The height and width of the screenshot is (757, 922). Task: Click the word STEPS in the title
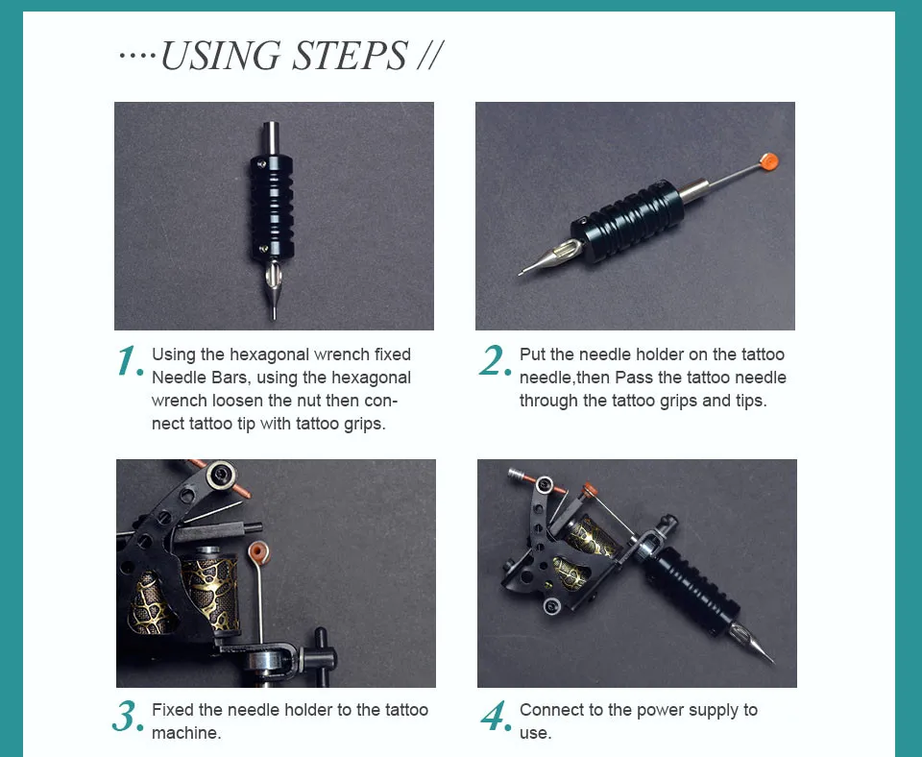[349, 56]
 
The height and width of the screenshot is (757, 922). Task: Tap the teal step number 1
[130, 361]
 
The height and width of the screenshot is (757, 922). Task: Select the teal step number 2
[494, 360]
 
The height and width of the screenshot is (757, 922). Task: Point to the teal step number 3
[127, 717]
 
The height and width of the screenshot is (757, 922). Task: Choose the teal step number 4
[496, 717]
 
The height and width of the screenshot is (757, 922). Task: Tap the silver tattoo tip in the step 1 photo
[272, 288]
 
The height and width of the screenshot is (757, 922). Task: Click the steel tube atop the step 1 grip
[271, 138]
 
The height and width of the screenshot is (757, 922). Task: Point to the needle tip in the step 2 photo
[521, 273]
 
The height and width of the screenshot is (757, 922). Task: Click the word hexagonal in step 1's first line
[269, 354]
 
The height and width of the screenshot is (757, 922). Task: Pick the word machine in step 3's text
[184, 733]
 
